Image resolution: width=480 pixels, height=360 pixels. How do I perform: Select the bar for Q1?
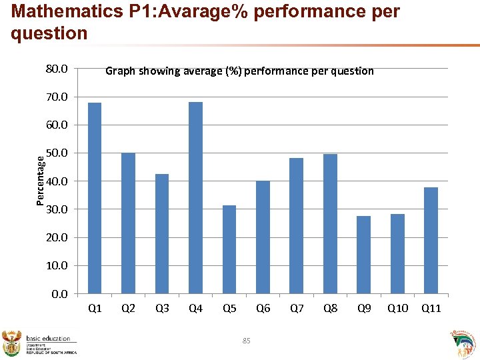(x=95, y=198)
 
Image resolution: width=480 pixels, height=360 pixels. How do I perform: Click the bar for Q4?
(x=195, y=197)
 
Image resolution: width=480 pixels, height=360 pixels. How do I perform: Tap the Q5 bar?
(x=229, y=249)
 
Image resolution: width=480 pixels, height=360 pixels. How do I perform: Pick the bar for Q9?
(x=363, y=255)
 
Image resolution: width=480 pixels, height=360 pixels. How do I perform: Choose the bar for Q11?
(x=431, y=240)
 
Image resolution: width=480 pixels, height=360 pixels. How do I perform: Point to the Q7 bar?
(x=296, y=225)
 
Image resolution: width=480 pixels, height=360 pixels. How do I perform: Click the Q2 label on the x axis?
(x=129, y=308)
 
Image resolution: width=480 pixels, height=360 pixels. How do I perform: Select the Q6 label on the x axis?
(x=263, y=308)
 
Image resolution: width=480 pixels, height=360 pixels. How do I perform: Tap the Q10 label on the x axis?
(x=397, y=308)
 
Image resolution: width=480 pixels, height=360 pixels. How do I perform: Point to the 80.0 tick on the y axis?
(x=56, y=69)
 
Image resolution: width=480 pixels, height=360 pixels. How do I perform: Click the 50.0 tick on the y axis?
(x=56, y=153)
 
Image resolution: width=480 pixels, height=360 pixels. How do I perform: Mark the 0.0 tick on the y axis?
(x=59, y=293)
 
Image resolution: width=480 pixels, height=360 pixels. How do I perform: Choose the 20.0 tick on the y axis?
(x=56, y=237)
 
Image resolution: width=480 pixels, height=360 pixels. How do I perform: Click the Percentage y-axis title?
(x=41, y=180)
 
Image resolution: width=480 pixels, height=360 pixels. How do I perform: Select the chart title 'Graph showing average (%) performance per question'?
(x=239, y=71)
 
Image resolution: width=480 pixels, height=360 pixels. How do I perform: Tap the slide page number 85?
(x=246, y=341)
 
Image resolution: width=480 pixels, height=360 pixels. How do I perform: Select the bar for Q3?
(x=162, y=233)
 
